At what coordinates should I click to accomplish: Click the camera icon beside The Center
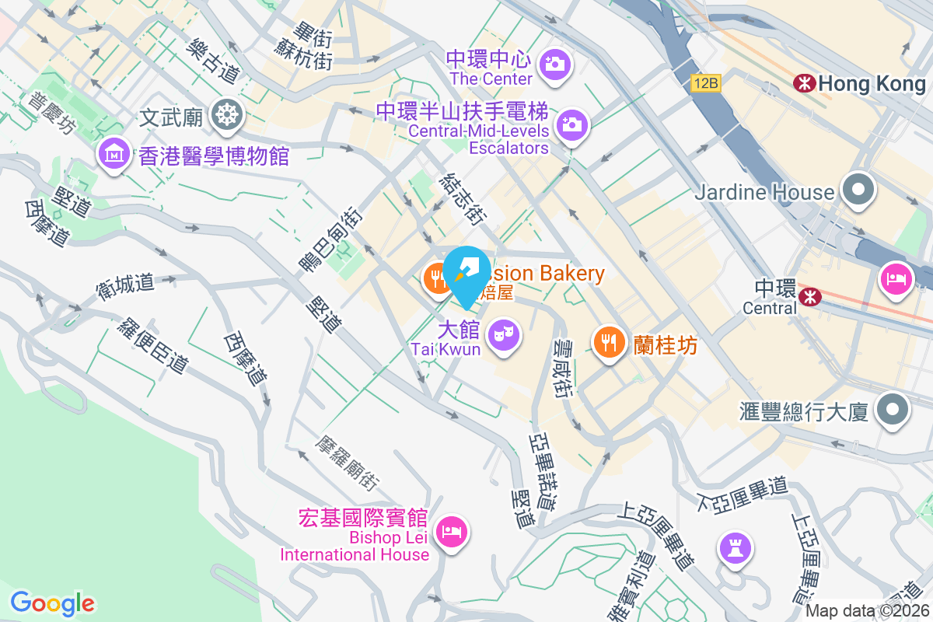click(x=555, y=64)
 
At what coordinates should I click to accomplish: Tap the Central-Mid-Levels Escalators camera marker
click(x=571, y=124)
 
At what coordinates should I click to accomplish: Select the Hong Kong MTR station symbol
click(x=804, y=83)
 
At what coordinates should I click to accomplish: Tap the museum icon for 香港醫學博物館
click(x=114, y=153)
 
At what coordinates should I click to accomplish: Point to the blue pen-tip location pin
click(x=466, y=274)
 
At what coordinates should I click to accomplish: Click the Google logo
click(x=52, y=603)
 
